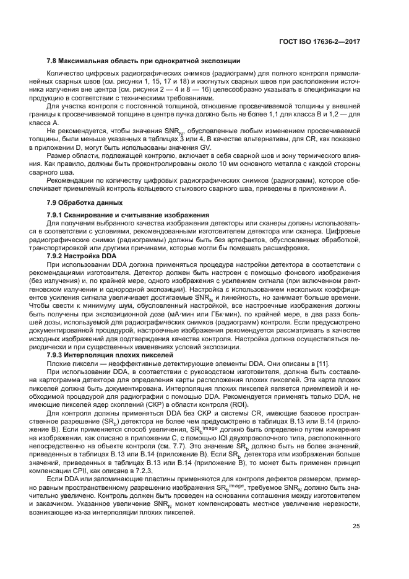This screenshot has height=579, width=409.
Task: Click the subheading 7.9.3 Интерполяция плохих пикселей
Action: coord(107,356)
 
